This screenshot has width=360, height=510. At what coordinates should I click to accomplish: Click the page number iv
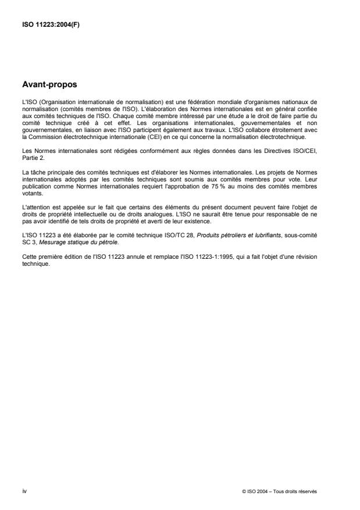(24, 491)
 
